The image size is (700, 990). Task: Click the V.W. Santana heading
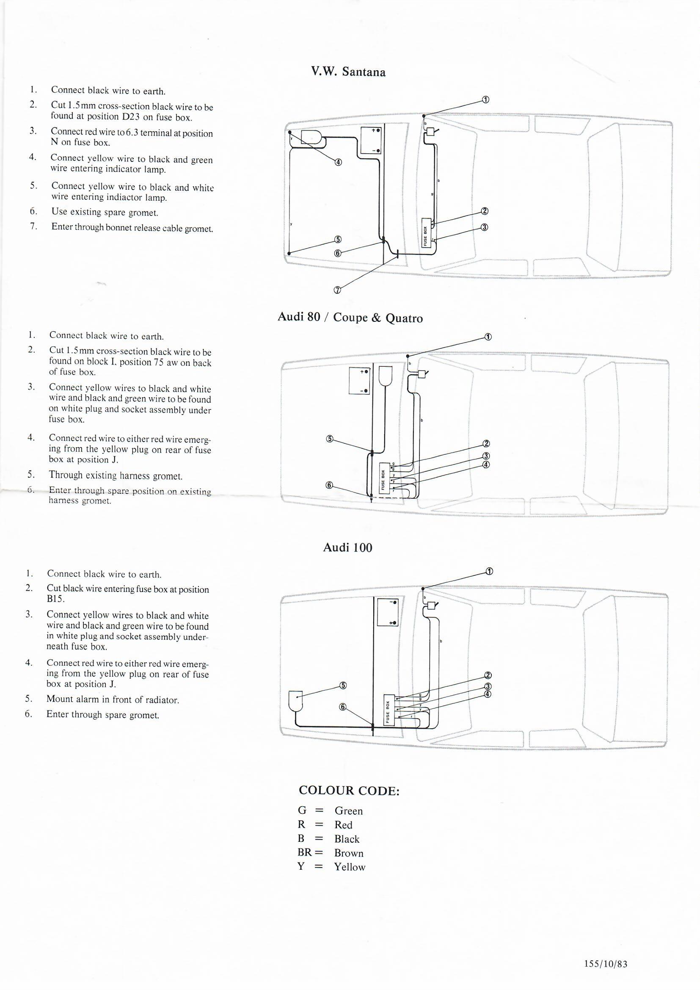(x=348, y=72)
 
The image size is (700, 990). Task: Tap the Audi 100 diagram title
(x=347, y=548)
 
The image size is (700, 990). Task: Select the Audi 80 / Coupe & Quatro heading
(x=350, y=317)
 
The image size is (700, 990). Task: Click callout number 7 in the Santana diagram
(x=337, y=290)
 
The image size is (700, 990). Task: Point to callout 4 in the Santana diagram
(x=339, y=162)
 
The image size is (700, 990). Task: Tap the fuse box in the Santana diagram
(x=425, y=233)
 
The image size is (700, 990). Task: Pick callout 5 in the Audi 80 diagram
(x=330, y=439)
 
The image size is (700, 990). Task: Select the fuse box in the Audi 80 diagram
(x=383, y=477)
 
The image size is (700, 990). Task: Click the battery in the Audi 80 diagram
(x=359, y=380)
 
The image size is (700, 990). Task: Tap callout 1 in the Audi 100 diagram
(x=489, y=571)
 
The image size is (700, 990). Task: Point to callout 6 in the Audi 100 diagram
(x=343, y=707)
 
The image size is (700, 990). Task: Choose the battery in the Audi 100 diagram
(x=388, y=612)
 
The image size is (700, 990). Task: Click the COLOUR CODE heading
(x=349, y=791)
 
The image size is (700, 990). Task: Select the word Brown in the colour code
(x=349, y=853)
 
